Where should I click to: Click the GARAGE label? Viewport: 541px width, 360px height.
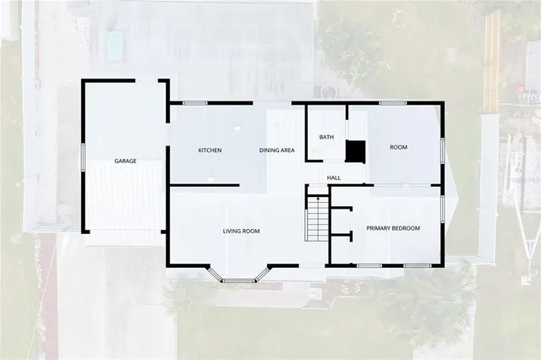click(126, 161)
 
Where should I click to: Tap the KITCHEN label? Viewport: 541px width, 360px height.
click(210, 150)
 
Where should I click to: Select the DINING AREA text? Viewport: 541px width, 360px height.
click(276, 150)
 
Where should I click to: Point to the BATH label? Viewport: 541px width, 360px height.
click(326, 137)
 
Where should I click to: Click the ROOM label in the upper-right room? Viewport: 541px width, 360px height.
click(398, 147)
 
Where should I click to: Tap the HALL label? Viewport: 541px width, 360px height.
click(334, 177)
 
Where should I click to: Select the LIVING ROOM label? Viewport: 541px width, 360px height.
click(241, 231)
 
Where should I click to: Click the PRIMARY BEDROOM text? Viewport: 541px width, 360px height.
click(393, 228)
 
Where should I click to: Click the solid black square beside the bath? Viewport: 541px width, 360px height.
click(355, 150)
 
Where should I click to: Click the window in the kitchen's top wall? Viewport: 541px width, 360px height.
click(195, 103)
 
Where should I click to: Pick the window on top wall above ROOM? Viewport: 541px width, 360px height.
click(392, 103)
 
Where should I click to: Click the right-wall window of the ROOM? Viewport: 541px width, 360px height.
click(441, 148)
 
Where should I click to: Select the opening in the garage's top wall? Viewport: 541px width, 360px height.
click(147, 81)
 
